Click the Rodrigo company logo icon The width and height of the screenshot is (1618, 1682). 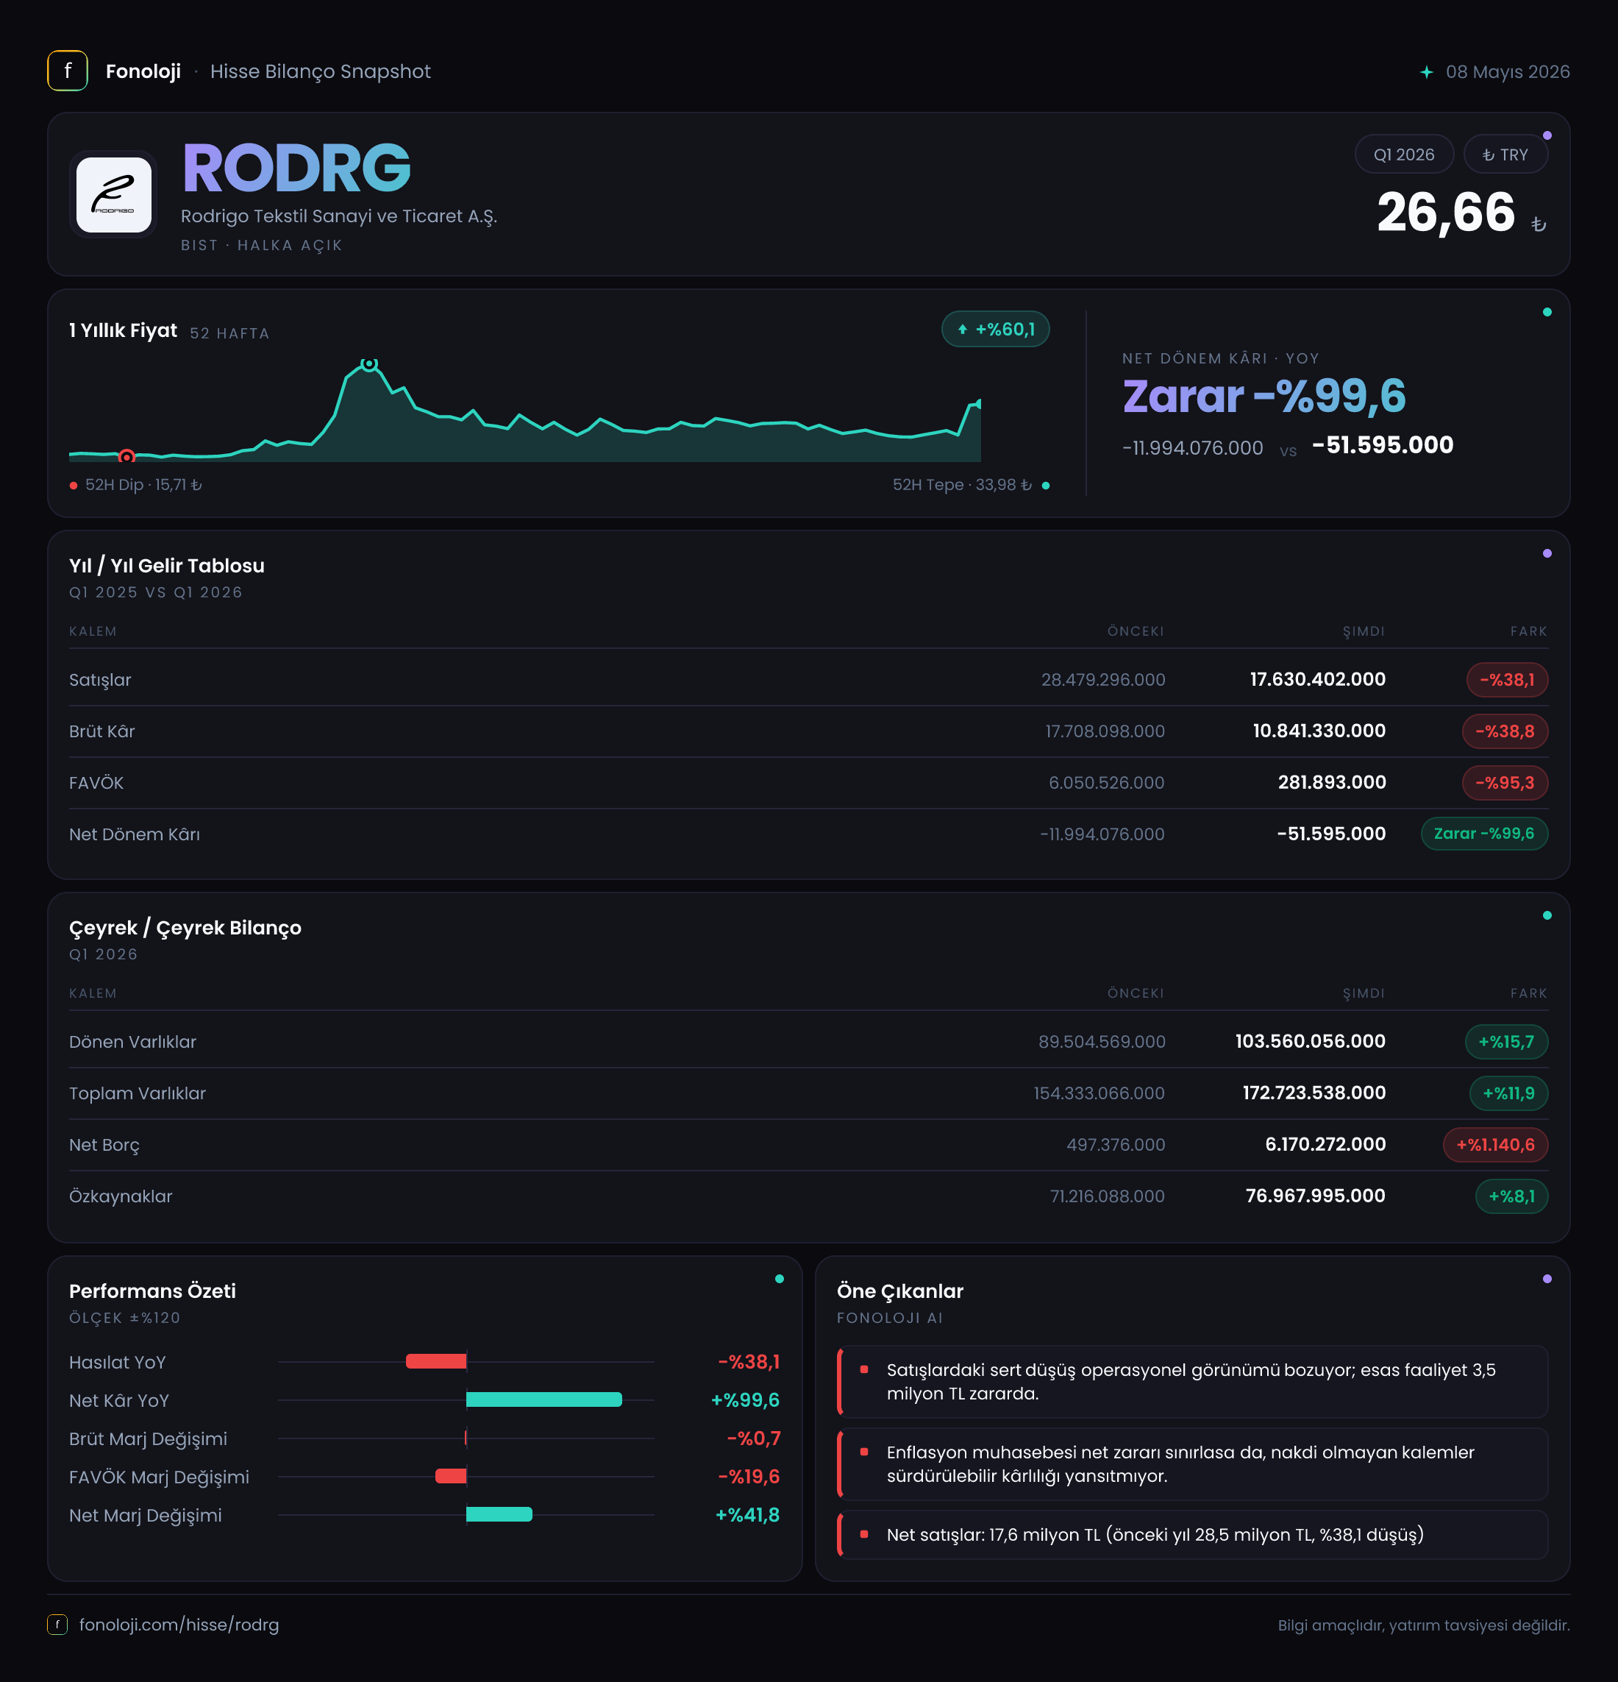114,195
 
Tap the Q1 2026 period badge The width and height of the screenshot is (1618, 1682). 1403,155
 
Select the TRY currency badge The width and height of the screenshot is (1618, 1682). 1505,155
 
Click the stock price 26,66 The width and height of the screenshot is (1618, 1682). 1446,212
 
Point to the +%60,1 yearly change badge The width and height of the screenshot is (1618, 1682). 995,330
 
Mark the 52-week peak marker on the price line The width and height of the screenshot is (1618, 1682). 369,364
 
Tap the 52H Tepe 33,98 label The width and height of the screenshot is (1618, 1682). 962,485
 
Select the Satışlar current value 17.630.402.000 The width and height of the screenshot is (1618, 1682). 1317,680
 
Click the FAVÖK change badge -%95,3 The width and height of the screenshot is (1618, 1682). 1505,783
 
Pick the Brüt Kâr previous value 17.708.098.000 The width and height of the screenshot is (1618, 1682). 1104,731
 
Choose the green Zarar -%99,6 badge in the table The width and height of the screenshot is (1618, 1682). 1484,834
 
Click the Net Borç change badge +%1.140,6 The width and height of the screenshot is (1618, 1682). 1495,1145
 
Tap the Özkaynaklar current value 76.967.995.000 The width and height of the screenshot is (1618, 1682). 1315,1196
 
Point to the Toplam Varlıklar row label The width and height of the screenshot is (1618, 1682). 138,1093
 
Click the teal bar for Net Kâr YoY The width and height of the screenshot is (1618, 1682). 544,1399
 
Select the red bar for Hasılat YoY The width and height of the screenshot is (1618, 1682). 436,1361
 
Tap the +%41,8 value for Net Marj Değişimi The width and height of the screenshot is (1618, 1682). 747,1515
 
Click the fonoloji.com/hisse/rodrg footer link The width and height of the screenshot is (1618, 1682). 179,1625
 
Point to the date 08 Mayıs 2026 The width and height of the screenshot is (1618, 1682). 1508,72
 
